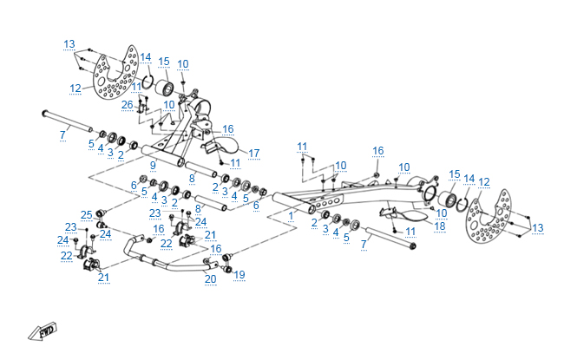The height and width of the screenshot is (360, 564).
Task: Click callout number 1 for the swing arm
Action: (x=292, y=214)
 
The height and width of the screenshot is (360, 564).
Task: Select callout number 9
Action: (x=152, y=165)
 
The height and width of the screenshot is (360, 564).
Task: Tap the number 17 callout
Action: (x=254, y=154)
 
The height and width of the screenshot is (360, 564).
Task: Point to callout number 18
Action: (x=439, y=226)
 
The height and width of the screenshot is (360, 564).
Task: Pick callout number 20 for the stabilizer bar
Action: (x=210, y=279)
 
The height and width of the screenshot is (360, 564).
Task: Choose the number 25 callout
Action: (x=86, y=214)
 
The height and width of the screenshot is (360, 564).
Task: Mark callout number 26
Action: (x=128, y=105)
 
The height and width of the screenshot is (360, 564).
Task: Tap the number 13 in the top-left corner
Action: (x=69, y=43)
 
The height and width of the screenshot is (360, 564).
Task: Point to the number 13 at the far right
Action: (x=538, y=228)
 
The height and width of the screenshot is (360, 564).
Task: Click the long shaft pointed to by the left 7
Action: (x=66, y=121)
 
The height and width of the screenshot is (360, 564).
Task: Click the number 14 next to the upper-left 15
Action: (x=146, y=57)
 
